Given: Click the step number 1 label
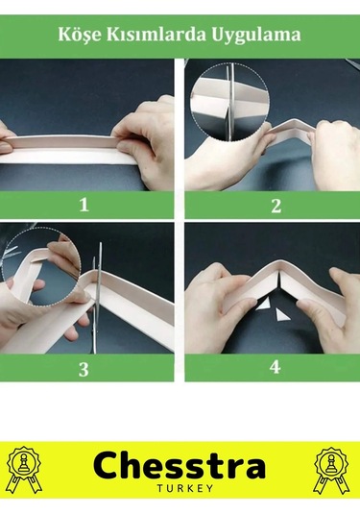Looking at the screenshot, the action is [x=84, y=205].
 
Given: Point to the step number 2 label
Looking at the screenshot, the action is [x=276, y=206].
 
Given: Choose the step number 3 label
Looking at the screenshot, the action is [x=84, y=369].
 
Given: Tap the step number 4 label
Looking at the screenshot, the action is [x=276, y=367].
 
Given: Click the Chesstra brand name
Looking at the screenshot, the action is [x=180, y=465].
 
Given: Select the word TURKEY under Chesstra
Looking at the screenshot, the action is [x=185, y=488].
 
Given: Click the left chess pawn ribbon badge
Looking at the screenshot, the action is [x=25, y=470].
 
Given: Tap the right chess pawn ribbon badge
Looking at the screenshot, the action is [x=331, y=470].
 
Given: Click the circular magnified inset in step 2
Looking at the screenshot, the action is [x=230, y=102].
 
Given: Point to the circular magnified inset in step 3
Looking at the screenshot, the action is [x=41, y=266].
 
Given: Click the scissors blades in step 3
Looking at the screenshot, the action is [x=97, y=298].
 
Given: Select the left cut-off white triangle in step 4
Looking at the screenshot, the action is [x=263, y=306].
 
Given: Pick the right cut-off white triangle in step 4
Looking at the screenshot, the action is [x=281, y=315].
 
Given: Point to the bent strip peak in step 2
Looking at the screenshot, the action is [x=294, y=123].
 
